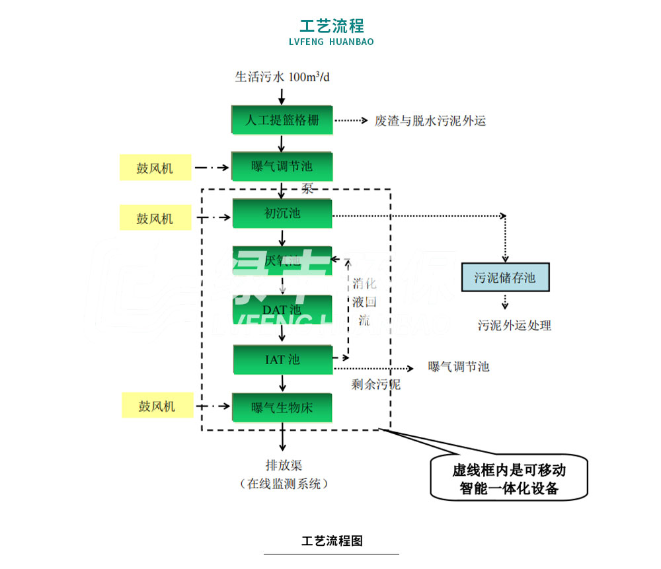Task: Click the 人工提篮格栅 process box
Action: click(x=282, y=120)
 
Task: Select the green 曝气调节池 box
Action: click(x=282, y=167)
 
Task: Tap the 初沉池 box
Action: click(x=282, y=213)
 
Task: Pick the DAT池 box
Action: click(x=282, y=309)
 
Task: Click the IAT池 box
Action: click(x=282, y=360)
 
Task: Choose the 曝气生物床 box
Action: click(x=282, y=407)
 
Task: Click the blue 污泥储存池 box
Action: click(x=505, y=277)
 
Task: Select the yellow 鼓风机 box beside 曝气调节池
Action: click(x=155, y=168)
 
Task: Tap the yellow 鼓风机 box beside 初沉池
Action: click(x=155, y=218)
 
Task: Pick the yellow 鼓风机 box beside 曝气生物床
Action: click(x=157, y=405)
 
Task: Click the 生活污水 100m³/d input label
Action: click(x=282, y=77)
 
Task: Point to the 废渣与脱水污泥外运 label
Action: click(x=430, y=120)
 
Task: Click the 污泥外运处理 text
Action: click(x=514, y=325)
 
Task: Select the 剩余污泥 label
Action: click(x=375, y=384)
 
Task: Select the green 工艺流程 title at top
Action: click(x=331, y=26)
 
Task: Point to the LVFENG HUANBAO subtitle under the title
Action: click(x=331, y=42)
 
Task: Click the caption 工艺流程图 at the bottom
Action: click(x=332, y=541)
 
